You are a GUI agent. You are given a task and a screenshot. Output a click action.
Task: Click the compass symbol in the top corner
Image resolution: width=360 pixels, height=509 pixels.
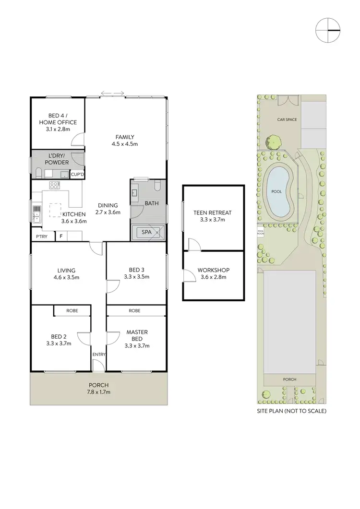328,30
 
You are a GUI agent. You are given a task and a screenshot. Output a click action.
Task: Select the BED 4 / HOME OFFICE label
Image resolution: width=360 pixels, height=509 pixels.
58,122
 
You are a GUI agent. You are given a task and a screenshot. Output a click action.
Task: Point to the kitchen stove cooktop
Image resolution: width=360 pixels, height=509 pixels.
54,185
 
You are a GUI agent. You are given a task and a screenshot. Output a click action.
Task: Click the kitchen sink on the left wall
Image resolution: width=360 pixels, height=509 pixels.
36,215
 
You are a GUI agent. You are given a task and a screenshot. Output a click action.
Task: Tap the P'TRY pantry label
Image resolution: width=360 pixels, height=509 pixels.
41,237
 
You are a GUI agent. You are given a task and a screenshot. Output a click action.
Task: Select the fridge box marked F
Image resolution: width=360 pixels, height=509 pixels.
61,236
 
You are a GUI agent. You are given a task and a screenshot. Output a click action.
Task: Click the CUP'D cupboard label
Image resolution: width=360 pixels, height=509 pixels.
77,175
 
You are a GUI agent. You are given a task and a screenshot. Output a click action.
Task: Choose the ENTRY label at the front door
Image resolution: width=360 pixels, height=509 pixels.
98,355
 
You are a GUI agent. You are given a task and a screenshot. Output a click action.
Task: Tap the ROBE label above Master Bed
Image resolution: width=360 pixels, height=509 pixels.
134,311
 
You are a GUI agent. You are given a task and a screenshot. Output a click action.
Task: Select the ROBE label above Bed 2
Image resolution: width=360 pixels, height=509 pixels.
72,311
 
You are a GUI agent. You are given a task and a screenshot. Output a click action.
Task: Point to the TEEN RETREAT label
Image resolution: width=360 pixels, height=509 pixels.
212,215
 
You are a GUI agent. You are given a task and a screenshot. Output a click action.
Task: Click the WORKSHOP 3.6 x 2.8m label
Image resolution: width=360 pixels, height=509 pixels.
213,273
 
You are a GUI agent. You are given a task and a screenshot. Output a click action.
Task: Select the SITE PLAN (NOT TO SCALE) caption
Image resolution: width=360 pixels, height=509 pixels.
291,412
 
